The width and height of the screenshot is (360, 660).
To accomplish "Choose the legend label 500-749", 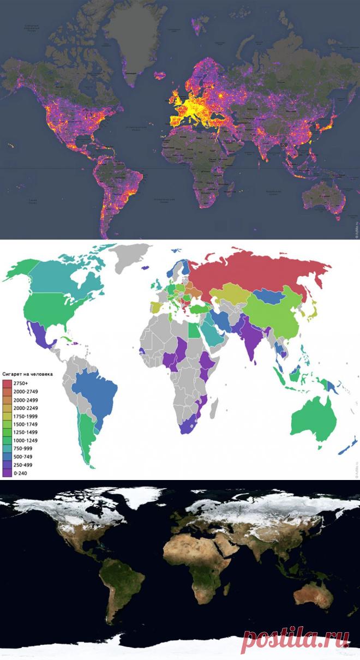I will [x=25, y=457].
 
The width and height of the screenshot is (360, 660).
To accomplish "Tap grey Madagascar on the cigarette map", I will [x=214, y=406].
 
